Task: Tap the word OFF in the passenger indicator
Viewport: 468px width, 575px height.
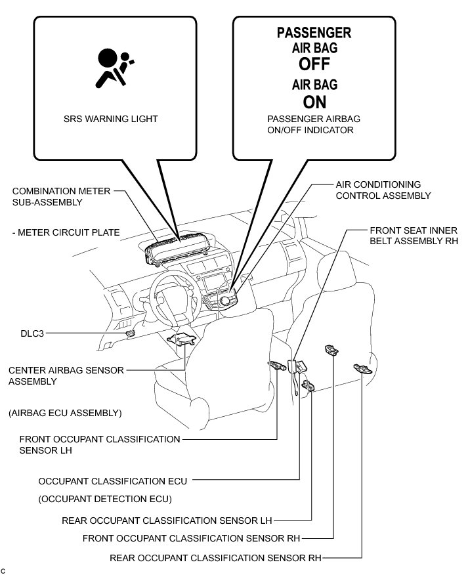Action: (x=314, y=64)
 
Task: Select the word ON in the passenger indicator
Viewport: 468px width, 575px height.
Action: (x=314, y=102)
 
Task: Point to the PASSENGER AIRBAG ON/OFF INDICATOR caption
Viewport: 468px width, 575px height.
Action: (x=314, y=125)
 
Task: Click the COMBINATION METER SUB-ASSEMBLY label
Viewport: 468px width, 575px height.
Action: (x=56, y=196)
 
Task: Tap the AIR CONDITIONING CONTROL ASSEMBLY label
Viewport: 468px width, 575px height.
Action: (x=383, y=190)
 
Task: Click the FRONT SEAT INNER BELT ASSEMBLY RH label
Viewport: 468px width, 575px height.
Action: (x=413, y=236)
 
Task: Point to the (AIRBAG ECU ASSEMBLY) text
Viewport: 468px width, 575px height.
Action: (x=65, y=413)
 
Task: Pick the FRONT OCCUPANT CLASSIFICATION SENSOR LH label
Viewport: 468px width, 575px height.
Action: (x=99, y=444)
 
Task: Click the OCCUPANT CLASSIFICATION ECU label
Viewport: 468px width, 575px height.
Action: (x=113, y=481)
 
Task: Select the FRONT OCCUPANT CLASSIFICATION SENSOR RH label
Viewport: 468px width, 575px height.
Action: (x=191, y=539)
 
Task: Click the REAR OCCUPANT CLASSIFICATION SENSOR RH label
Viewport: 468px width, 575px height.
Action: (x=215, y=559)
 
